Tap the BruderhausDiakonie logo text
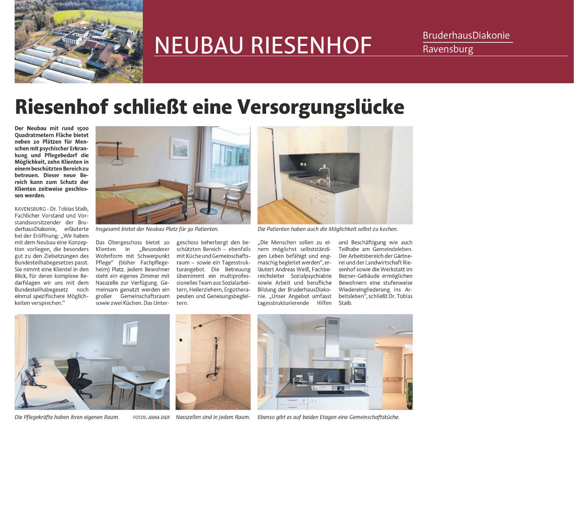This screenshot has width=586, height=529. pos(466,35)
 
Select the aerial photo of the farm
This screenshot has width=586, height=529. pos(79,41)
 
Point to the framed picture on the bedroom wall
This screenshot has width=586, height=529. pos(180,148)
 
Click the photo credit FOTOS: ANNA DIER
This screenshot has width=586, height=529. pos(151,418)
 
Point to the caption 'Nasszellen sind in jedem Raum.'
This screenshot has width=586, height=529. pos(213,417)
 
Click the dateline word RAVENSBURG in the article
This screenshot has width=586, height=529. pos(30,209)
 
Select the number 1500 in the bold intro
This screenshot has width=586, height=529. pos(82,129)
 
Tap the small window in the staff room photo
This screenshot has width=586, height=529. pos(131,333)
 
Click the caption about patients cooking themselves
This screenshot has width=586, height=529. pos(327,229)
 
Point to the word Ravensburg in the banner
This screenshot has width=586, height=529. pos(448,49)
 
